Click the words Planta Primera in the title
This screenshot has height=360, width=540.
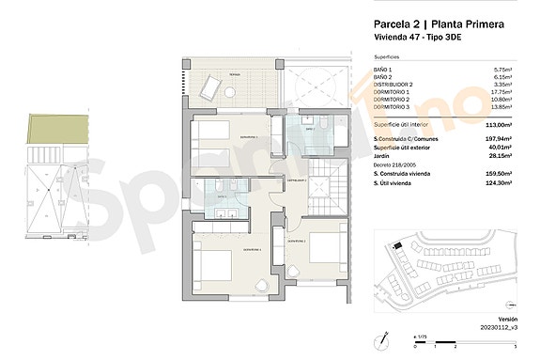pos(474,23)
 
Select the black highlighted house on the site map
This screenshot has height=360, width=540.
pos(400,246)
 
